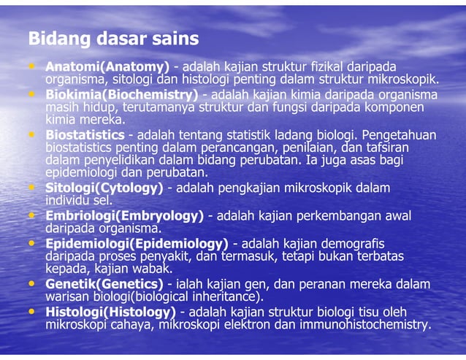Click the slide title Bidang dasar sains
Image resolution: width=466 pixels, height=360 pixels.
pos(113,39)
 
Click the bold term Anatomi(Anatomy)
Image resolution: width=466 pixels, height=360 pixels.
pos(107,66)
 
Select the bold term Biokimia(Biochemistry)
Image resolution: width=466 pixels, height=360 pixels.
pos(121,95)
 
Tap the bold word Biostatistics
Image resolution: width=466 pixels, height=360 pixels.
pos(85,135)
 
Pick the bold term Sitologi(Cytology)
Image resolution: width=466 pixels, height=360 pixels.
pos(104,188)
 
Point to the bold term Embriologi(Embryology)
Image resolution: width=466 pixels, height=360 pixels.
pos(124,215)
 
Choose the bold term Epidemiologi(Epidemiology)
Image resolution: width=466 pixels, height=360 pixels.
pos(137,242)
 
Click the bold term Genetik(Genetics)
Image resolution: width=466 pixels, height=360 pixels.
pos(104,283)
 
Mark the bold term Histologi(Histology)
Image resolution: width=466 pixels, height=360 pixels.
pos(110,311)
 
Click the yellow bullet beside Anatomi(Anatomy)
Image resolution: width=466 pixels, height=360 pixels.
pos(33,66)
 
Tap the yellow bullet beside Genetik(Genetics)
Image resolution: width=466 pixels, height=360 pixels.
pos(33,283)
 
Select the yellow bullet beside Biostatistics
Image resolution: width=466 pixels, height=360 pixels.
pos(33,135)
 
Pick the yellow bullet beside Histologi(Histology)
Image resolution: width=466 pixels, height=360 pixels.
pos(33,311)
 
